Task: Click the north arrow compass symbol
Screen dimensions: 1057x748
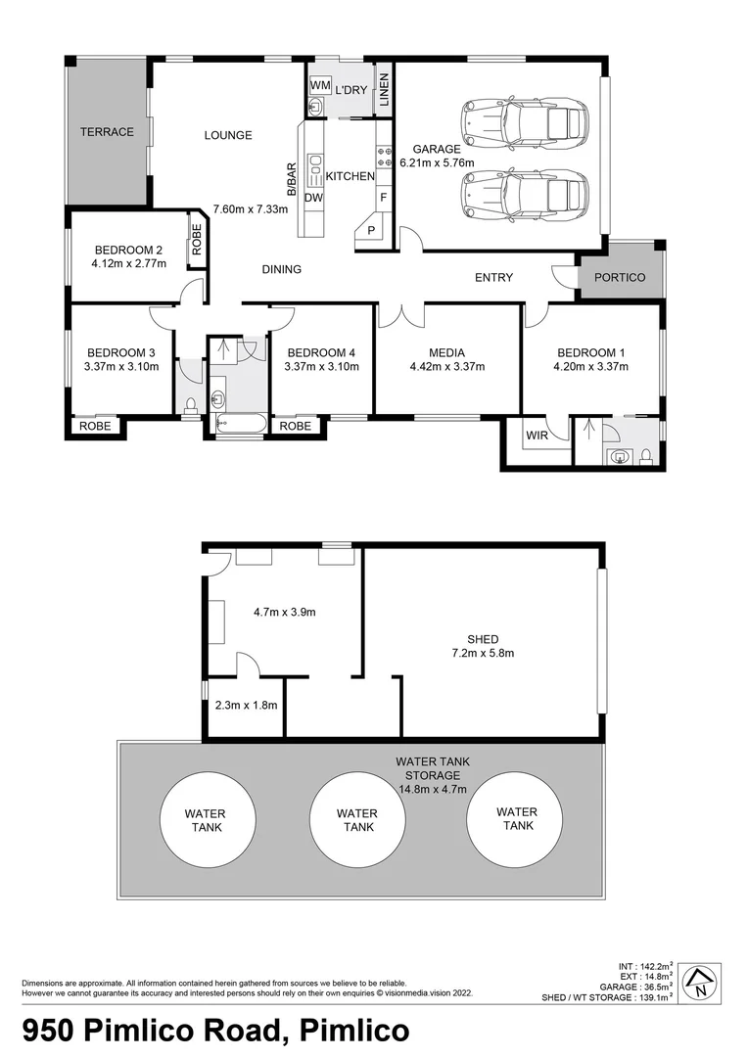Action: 700,982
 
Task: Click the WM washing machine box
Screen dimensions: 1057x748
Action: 319,86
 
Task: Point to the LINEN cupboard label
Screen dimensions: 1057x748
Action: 385,90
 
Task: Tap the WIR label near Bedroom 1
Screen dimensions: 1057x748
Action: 537,436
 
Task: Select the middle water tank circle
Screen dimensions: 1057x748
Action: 356,820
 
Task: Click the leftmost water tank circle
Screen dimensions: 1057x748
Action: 206,820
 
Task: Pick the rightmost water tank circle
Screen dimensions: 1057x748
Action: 516,819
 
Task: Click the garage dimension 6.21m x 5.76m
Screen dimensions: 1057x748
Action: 436,163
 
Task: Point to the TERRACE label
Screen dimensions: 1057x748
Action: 107,132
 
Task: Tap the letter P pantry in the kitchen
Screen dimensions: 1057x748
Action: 372,231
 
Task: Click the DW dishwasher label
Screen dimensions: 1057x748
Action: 313,198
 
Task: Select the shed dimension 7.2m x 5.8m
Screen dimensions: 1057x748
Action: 483,653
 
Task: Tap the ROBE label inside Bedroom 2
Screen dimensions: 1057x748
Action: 197,240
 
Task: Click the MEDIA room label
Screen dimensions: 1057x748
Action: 446,353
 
